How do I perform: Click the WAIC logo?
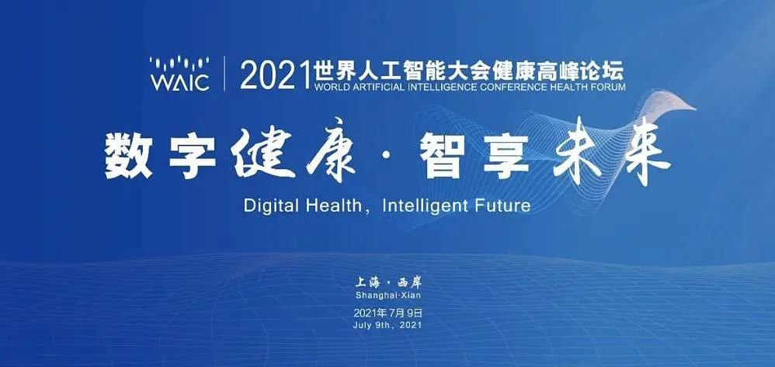[179, 74]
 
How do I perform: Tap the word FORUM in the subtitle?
[609, 88]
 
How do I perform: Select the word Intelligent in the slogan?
[421, 206]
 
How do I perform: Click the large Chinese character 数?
[128, 156]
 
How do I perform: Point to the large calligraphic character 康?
[330, 151]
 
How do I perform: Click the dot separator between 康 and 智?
[387, 156]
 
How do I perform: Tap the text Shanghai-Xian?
[388, 296]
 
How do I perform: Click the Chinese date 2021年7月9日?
[388, 313]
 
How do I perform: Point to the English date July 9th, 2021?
[388, 325]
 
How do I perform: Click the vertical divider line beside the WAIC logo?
[224, 74]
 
